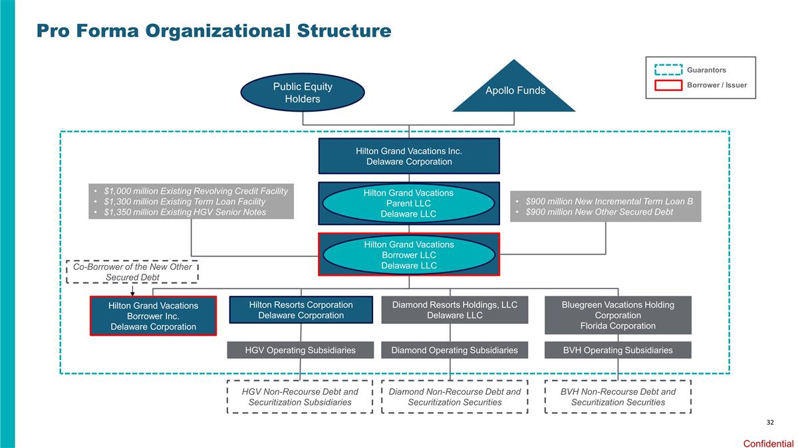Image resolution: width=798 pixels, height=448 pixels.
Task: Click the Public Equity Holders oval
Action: [x=303, y=92]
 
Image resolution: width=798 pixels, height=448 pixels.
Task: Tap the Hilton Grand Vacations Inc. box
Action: [x=409, y=156]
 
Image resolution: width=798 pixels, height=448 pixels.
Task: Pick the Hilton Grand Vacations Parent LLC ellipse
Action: [x=409, y=203]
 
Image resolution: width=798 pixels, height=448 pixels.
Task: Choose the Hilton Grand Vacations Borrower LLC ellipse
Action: [x=409, y=255]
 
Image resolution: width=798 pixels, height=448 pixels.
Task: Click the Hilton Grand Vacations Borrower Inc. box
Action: [x=153, y=316]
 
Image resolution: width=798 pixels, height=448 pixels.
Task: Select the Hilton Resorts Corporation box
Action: [x=301, y=310]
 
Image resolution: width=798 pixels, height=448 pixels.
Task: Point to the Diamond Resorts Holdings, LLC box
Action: [x=455, y=310]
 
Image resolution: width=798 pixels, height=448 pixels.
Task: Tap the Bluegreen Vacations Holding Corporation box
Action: [x=618, y=315]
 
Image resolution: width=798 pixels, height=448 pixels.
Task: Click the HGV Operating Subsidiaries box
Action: [x=300, y=350]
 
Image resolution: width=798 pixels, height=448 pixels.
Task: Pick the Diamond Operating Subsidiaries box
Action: [x=455, y=350]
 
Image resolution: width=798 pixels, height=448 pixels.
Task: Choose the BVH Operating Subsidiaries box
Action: [x=618, y=350]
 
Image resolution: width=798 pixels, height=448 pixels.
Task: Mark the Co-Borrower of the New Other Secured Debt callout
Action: [x=132, y=271]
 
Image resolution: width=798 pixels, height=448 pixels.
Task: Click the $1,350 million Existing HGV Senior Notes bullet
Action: [x=181, y=212]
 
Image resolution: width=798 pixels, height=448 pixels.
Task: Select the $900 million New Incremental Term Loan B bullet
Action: [x=604, y=201]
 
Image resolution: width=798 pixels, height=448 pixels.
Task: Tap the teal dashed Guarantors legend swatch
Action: [x=668, y=70]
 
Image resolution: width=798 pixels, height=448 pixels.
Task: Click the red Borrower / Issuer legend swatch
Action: [x=668, y=85]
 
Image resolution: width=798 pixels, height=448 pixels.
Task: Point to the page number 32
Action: [x=770, y=423]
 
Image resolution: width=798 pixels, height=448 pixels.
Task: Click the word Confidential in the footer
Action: [x=768, y=443]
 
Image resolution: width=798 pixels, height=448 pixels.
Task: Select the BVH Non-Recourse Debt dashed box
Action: [x=618, y=397]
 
